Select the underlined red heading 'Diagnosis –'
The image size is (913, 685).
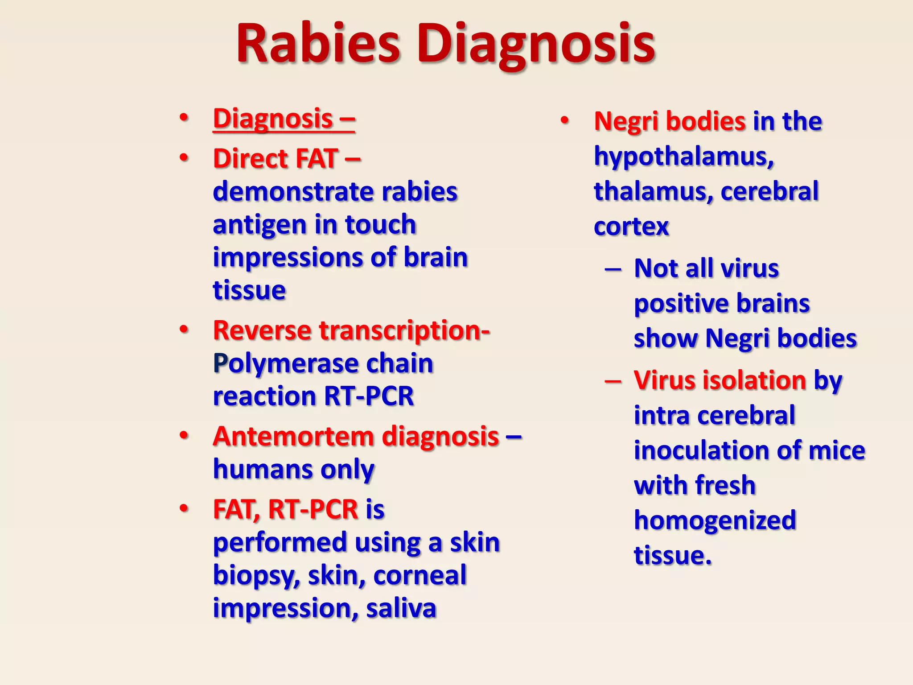tap(284, 119)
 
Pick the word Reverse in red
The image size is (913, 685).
tap(262, 330)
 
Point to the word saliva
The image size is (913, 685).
tap(401, 608)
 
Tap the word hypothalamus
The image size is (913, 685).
tap(683, 157)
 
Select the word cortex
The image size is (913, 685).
tap(631, 227)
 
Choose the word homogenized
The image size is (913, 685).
tap(715, 520)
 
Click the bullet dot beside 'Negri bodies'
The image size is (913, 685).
tap(564, 120)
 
